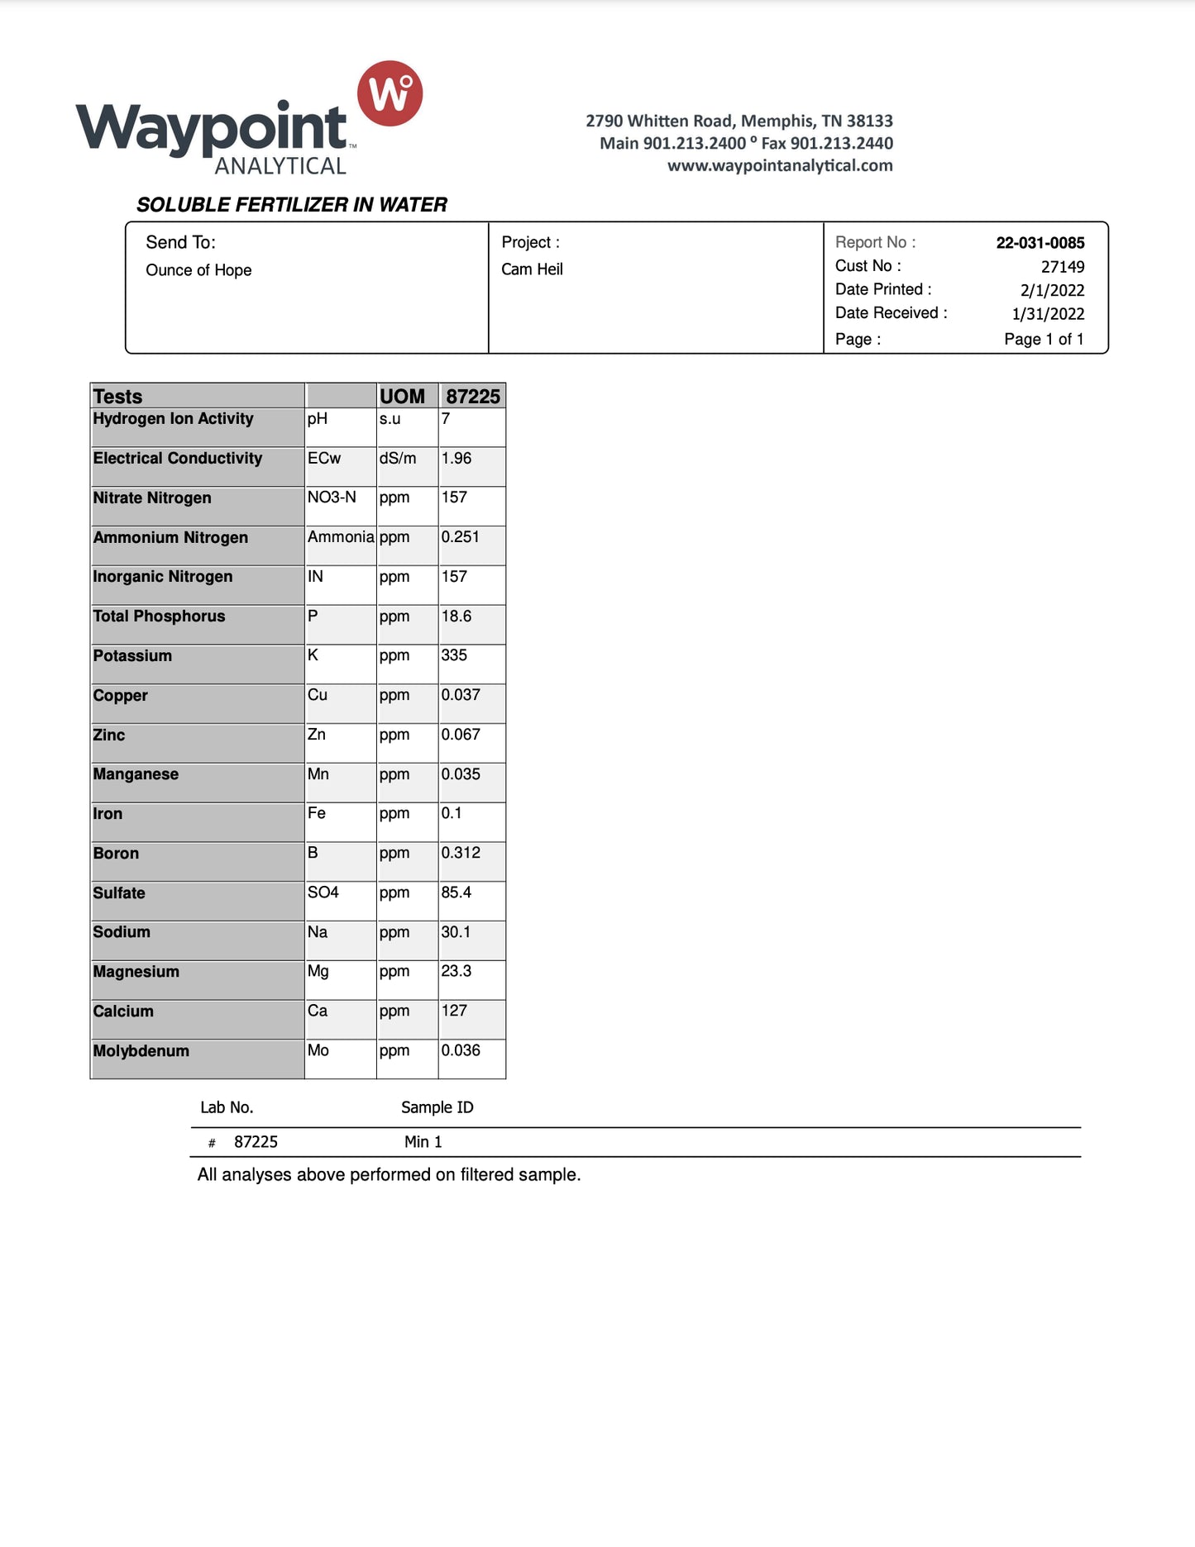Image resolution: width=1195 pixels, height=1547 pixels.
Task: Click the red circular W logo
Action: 390,93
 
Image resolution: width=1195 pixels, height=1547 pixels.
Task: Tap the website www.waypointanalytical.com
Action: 780,165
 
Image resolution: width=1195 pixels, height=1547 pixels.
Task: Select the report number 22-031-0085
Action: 1040,243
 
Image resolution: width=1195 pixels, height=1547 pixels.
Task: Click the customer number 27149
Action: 1062,267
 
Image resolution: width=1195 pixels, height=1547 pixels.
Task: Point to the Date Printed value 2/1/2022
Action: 1052,290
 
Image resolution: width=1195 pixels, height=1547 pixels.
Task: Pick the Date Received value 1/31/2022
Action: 1048,314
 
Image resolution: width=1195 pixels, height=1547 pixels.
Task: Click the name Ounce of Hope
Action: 198,270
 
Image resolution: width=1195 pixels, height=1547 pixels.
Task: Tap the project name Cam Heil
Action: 532,269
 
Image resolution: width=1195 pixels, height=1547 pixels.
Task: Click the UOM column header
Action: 402,396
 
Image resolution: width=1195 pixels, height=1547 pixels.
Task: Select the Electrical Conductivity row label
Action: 177,459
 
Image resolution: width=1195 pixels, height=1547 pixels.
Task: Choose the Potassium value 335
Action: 454,655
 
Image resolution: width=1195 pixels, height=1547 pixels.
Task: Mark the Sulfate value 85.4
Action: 456,892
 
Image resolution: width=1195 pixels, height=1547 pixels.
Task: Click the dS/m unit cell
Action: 398,459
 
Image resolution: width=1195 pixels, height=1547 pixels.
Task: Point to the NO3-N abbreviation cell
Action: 332,497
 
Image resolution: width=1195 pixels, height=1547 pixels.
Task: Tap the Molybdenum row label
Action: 141,1051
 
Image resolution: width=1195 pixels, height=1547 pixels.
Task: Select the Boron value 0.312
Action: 460,853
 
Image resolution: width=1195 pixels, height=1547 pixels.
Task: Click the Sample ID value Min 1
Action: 423,1142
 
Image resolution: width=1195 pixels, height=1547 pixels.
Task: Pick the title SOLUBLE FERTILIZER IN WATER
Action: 291,205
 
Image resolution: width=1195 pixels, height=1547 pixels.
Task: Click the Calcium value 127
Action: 454,1011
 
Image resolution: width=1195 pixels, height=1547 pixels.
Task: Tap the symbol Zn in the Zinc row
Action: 317,735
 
